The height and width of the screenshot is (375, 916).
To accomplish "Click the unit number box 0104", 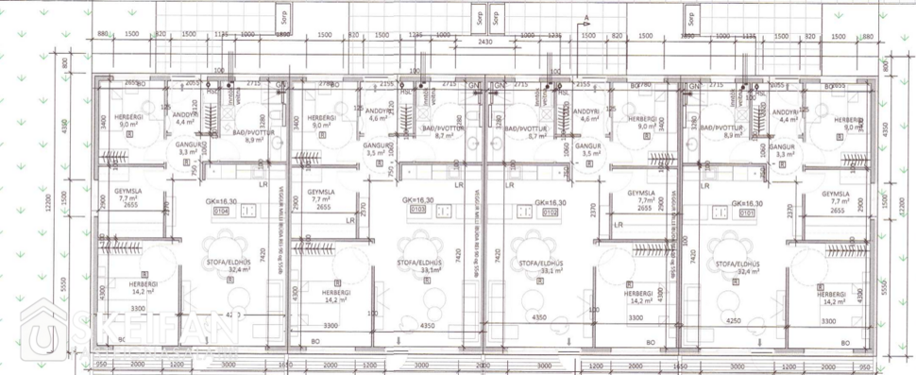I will (x=222, y=213).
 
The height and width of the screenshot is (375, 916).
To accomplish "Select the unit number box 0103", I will (x=416, y=213).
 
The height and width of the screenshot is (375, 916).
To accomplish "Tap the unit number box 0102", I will (x=550, y=213).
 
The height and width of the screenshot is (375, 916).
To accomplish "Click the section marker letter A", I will (x=585, y=18).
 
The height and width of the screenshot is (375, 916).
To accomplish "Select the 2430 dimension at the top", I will (x=484, y=43).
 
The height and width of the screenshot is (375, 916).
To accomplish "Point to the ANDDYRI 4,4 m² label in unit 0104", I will (x=184, y=116).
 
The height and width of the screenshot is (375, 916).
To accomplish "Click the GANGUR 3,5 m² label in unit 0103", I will (x=377, y=149).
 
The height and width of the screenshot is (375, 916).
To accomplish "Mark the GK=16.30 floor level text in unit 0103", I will (x=416, y=202).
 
